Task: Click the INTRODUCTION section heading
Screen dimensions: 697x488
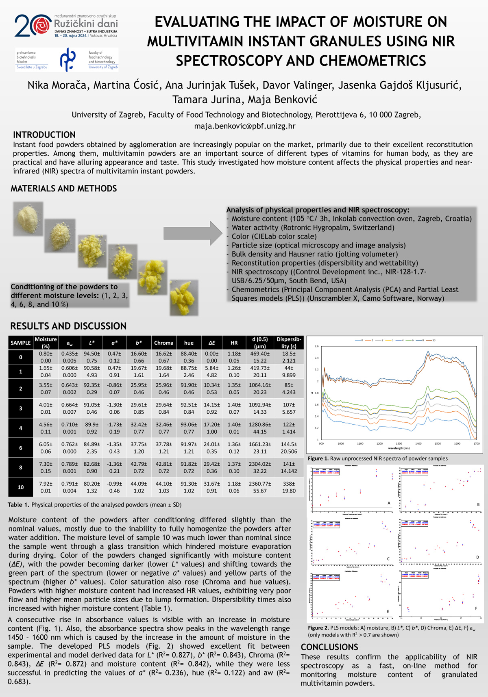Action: tap(44, 135)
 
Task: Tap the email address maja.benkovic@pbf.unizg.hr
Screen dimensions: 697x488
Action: tap(245, 126)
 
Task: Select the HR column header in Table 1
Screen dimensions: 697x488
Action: tap(234, 343)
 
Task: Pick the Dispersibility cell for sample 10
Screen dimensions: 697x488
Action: tap(289, 487)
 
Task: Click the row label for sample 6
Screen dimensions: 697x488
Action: tap(20, 447)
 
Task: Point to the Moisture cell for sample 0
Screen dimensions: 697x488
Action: tap(46, 357)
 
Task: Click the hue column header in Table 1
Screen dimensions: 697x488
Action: tap(189, 343)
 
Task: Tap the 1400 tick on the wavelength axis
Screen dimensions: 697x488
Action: tap(418, 444)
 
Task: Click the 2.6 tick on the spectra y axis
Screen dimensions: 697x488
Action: tap(316, 346)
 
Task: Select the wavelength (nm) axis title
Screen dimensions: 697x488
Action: tap(398, 448)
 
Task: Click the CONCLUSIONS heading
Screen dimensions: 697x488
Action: tap(329, 647)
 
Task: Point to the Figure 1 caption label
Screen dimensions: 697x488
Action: tap(318, 458)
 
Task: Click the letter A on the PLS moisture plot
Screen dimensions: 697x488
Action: tap(389, 503)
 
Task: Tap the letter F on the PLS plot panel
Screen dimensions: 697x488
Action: tap(476, 608)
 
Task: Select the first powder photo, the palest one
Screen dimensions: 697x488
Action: tap(28, 219)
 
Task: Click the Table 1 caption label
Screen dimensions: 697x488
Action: tap(18, 505)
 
